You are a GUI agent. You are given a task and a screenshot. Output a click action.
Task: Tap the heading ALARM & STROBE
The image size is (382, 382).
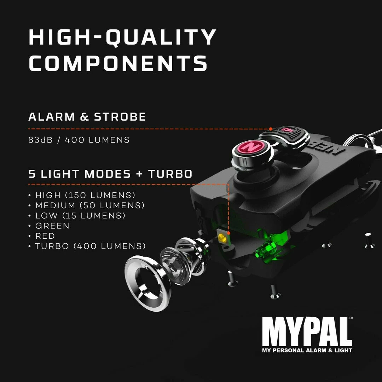87,117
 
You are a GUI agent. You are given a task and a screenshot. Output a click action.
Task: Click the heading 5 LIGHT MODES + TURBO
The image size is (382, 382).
110,174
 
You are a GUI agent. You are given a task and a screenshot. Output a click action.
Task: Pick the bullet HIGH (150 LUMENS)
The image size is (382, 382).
85,195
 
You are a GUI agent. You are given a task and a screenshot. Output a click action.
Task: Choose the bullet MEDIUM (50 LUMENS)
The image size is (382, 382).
90,205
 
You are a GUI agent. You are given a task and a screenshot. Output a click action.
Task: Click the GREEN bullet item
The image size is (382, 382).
52,226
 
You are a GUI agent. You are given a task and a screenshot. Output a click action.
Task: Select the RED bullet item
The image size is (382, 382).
45,236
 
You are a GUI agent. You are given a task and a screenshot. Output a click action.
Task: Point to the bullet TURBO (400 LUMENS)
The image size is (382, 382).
90,246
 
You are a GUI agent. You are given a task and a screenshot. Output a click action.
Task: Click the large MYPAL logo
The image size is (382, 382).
307,332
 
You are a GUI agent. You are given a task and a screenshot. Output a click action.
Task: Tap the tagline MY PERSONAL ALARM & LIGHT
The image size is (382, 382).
307,351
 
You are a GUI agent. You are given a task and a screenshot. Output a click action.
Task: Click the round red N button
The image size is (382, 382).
253,146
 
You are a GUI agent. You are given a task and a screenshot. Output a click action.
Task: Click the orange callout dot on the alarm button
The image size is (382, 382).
271,129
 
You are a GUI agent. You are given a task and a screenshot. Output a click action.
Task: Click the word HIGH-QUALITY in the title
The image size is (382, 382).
122,37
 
